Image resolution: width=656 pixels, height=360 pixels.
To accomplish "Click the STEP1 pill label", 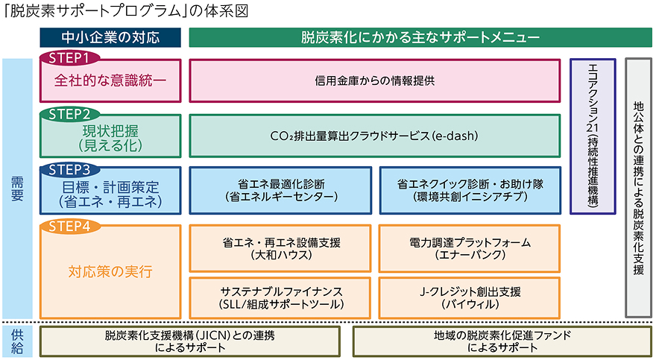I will [72, 57].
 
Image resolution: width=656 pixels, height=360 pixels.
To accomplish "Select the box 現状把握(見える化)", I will [110, 137].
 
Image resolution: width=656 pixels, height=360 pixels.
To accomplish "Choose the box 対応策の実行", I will [110, 271].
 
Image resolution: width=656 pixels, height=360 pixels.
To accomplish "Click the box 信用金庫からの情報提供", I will [374, 80].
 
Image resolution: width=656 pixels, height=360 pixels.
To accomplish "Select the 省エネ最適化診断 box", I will [280, 190].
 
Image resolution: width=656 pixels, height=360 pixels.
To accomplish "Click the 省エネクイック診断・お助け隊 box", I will [469, 190].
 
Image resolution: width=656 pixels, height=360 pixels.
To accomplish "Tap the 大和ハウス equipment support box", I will [280, 248].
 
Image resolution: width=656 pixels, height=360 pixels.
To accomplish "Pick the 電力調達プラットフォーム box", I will [469, 248].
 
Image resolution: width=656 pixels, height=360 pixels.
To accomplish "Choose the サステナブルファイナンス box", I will [280, 297].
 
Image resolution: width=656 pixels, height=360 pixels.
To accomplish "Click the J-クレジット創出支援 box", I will [469, 297].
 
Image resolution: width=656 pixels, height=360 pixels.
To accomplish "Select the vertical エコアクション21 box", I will [593, 136].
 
